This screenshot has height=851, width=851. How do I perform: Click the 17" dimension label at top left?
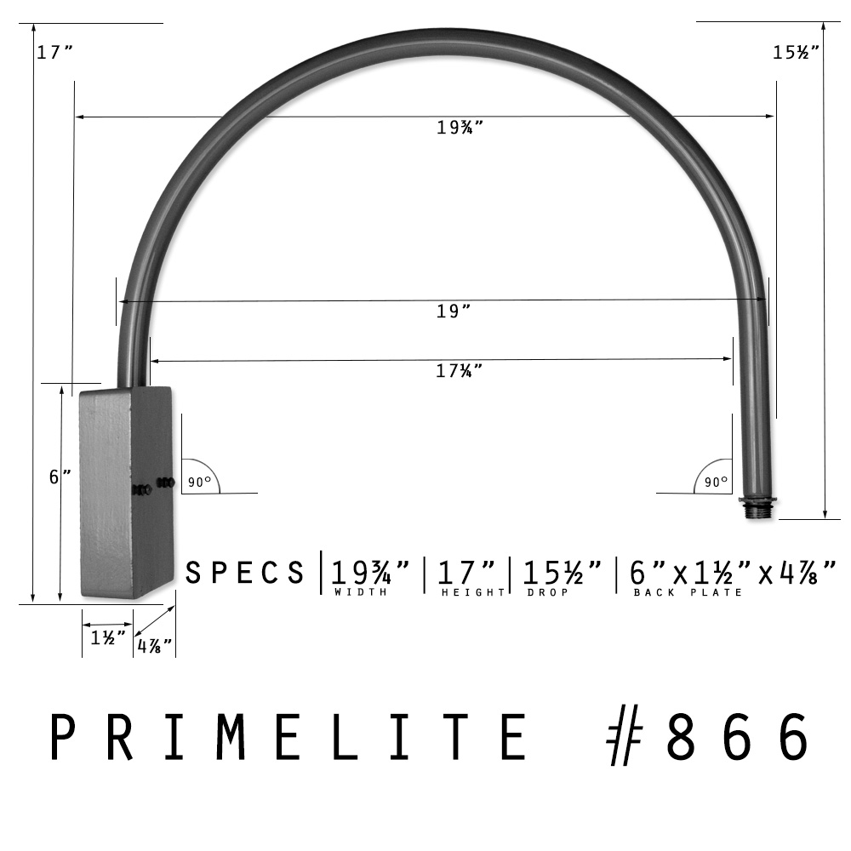click(54, 52)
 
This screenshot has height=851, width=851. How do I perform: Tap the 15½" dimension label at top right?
click(796, 52)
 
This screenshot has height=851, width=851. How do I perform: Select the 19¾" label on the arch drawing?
click(460, 127)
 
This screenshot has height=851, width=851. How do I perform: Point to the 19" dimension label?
click(454, 311)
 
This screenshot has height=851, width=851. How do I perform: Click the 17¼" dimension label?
click(460, 371)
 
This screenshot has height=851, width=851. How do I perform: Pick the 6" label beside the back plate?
click(60, 477)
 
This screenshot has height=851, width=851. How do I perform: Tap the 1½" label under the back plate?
click(108, 637)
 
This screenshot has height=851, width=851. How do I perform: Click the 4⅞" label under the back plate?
click(154, 646)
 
